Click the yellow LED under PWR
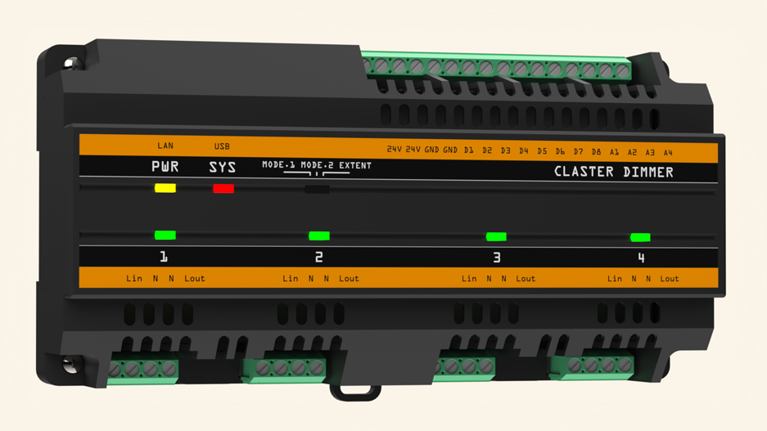(165, 188)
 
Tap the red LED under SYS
(223, 189)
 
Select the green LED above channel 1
(165, 235)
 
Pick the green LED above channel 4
(640, 237)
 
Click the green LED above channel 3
(496, 237)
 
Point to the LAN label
(165, 146)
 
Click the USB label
(222, 146)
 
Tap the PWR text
(165, 167)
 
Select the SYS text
(223, 167)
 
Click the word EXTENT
(355, 165)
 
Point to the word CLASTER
(584, 172)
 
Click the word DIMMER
(648, 172)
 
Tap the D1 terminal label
(468, 150)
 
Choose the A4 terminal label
(668, 152)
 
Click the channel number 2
(319, 257)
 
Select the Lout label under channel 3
(526, 279)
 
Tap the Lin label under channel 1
(134, 278)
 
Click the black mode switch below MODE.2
(317, 190)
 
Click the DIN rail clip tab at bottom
(355, 393)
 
